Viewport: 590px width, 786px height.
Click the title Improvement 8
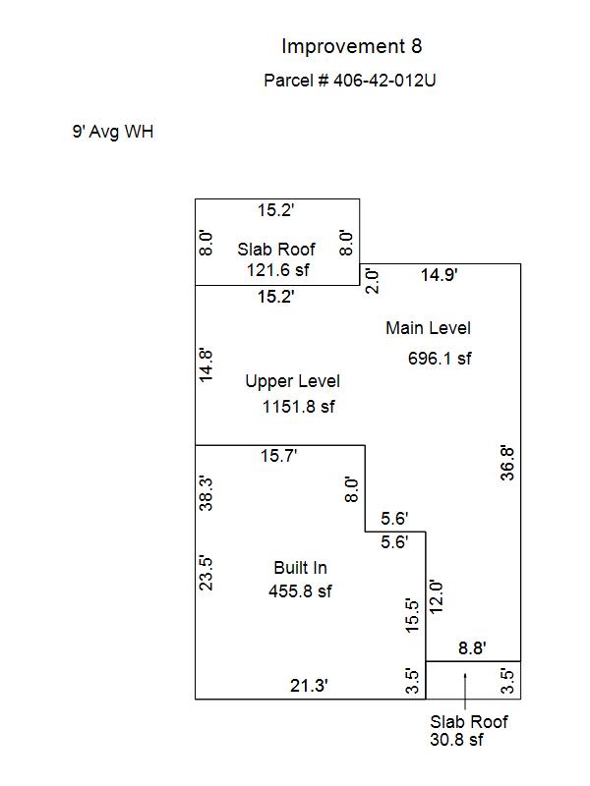(x=352, y=46)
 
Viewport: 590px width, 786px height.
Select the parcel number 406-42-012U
(x=384, y=81)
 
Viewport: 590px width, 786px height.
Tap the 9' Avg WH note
(x=113, y=132)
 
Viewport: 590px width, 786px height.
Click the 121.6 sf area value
(x=278, y=270)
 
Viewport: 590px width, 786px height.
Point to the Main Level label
(x=428, y=328)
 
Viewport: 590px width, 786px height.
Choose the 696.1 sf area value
(x=440, y=359)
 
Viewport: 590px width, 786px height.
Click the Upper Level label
(x=292, y=381)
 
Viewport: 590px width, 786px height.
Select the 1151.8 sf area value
(x=299, y=407)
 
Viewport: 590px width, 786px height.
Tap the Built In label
(x=301, y=568)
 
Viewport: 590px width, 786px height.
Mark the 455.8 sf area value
(x=300, y=591)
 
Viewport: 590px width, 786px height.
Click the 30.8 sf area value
(x=456, y=740)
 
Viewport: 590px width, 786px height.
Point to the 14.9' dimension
(x=439, y=275)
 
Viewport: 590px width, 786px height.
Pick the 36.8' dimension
(x=507, y=464)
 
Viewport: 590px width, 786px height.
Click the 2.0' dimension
(x=372, y=281)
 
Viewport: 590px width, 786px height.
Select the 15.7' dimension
(x=278, y=456)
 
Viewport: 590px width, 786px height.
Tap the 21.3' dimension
(x=309, y=685)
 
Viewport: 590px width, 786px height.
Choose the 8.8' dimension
(x=472, y=648)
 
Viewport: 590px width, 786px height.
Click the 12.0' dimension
(x=436, y=596)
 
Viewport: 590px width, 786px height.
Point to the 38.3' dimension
(x=206, y=494)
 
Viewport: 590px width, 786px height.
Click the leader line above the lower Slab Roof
(x=465, y=692)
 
